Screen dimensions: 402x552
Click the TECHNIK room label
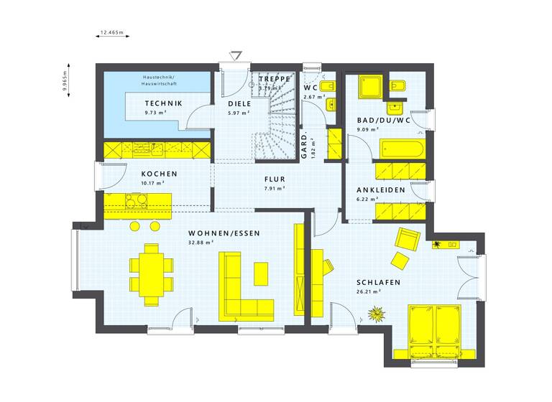coord(163,103)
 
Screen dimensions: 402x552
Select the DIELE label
coord(239,103)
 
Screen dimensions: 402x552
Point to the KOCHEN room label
coord(159,174)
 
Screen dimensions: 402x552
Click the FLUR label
coord(275,179)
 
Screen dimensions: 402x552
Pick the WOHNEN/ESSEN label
coord(224,233)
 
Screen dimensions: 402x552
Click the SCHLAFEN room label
coord(378,282)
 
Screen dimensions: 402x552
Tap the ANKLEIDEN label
coord(380,190)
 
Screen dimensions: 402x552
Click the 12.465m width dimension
coord(112,32)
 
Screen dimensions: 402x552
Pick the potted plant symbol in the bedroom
coord(376,314)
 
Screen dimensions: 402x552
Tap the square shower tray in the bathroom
coord(372,87)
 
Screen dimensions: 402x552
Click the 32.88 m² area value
coord(201,243)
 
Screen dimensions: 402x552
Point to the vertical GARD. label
coord(304,146)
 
